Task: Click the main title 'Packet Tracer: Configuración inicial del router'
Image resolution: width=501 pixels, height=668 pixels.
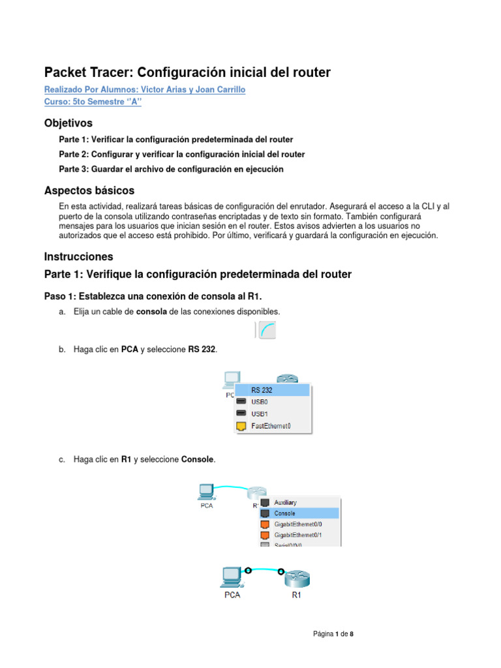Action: [187, 72]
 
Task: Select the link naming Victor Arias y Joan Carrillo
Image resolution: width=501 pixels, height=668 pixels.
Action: [145, 90]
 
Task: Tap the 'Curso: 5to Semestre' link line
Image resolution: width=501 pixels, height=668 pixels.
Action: [93, 102]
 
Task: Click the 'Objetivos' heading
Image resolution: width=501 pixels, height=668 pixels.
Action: [68, 123]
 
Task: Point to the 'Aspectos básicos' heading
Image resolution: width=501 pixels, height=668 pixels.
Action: [89, 190]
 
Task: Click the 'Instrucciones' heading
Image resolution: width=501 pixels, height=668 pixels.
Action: [78, 256]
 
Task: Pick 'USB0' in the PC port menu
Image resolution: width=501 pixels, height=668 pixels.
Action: [260, 402]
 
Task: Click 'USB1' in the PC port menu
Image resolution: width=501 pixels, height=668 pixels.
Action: [260, 414]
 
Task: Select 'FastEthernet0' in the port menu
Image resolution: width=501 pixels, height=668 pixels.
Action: [270, 426]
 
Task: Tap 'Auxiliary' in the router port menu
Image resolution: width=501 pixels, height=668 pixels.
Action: [285, 502]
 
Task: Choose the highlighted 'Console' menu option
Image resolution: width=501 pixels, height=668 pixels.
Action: [284, 513]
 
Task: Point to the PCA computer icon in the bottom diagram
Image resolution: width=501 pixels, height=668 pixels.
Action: [231, 576]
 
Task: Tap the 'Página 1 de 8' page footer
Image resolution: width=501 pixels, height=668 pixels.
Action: [333, 633]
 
